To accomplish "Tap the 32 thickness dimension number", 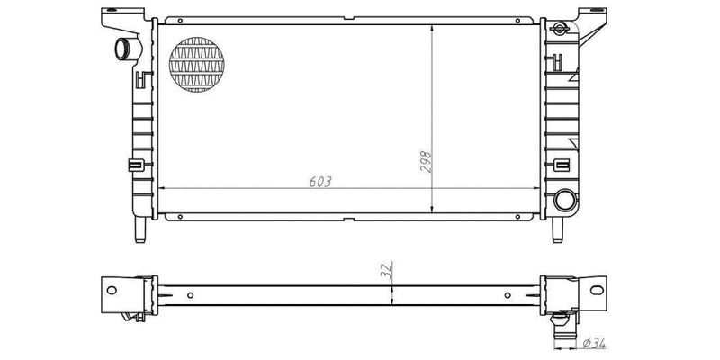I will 385,272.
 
